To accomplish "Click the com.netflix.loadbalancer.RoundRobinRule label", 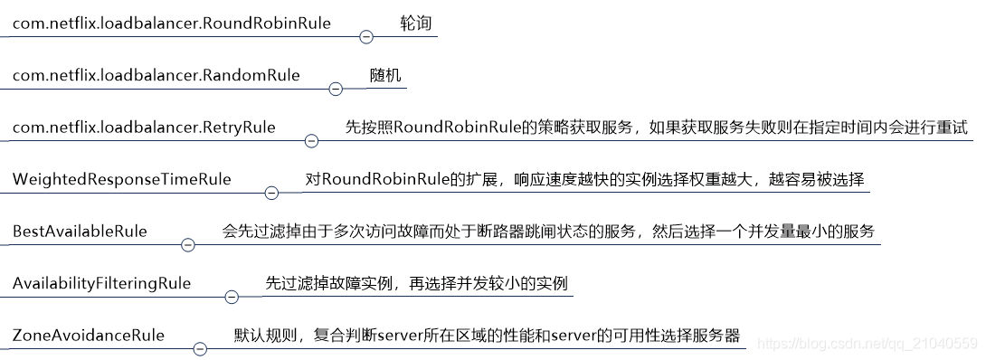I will click(x=171, y=23).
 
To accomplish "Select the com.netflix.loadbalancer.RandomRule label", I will click(x=156, y=75).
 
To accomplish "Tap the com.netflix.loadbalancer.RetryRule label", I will click(x=144, y=128).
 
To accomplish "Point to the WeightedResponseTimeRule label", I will click(x=121, y=179).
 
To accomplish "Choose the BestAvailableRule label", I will click(x=80, y=232).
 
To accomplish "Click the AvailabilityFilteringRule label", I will click(x=101, y=283).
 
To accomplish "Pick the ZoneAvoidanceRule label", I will click(x=89, y=336).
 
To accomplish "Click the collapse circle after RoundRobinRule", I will click(x=366, y=37).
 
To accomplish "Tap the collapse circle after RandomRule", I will click(x=336, y=89).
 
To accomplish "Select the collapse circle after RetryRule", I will click(x=311, y=141).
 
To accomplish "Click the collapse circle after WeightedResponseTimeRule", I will click(x=270, y=193).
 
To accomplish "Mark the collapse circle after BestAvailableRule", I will click(x=188, y=245).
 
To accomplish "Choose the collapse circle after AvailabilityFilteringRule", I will click(x=231, y=297).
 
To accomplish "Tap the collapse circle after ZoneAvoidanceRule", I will click(x=201, y=349).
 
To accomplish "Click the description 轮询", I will click(x=415, y=23).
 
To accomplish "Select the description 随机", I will click(x=385, y=75).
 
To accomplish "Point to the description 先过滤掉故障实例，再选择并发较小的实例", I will click(x=416, y=283).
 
